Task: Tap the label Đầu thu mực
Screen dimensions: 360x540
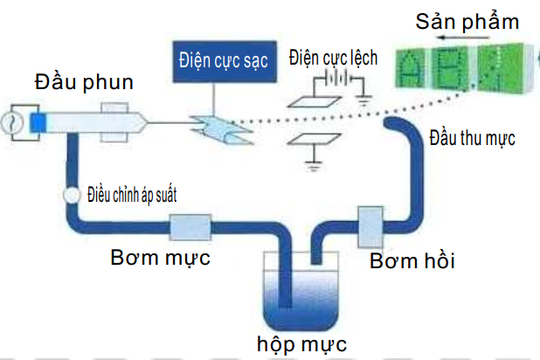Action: (x=473, y=137)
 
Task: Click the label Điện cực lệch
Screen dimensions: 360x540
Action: (x=333, y=59)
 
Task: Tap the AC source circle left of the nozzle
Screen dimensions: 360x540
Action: (x=13, y=119)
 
